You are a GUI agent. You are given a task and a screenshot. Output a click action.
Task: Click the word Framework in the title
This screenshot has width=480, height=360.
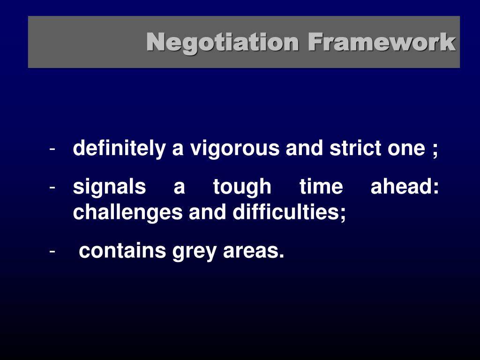(382, 43)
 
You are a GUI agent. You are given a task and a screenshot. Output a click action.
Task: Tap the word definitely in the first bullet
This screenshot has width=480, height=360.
(119, 149)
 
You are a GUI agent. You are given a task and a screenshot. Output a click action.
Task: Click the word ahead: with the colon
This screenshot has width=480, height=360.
(405, 187)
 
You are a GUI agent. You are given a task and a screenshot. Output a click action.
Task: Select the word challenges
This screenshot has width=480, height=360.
(128, 213)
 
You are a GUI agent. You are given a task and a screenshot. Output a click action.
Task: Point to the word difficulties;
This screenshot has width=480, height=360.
(289, 213)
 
